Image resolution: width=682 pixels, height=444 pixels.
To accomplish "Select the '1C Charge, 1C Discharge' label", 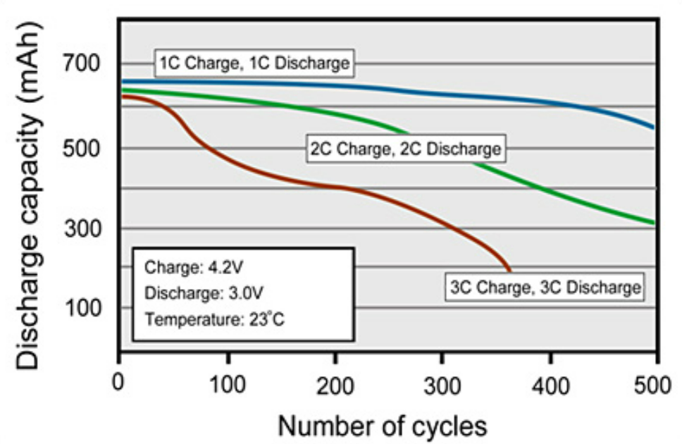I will point(254,63).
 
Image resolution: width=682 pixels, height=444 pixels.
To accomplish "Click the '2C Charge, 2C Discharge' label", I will point(406,149).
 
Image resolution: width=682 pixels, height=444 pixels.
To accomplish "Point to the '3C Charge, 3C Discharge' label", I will point(545,287).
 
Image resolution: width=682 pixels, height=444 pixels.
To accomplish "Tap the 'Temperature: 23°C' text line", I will point(214,318).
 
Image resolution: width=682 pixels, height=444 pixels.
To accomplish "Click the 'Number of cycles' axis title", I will point(382,425).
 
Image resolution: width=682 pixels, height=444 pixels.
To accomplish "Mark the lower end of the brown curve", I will point(509,270).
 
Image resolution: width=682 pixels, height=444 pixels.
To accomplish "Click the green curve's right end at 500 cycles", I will point(655,223).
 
